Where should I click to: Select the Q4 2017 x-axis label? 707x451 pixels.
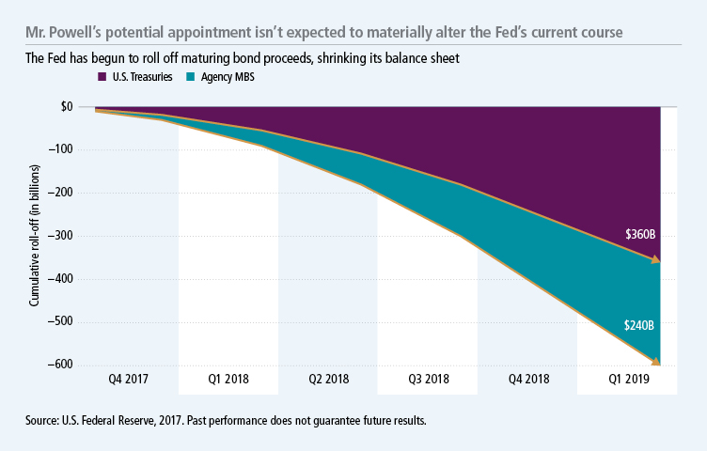pyautogui.click(x=127, y=382)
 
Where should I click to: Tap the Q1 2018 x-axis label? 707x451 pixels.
pyautogui.click(x=228, y=382)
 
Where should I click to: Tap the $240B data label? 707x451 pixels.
pyautogui.click(x=641, y=324)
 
